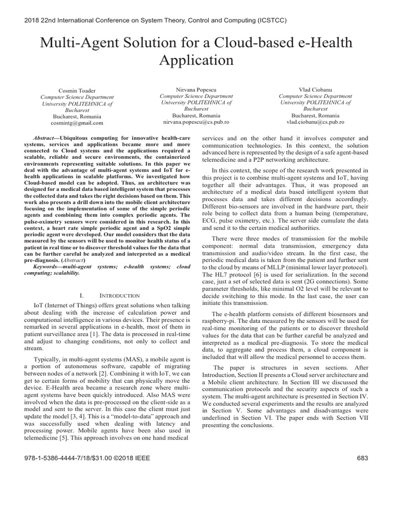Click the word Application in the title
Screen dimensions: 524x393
196,60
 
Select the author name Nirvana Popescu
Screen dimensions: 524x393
196,89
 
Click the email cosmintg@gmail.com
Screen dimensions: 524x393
77,123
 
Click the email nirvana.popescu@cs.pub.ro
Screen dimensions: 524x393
196,122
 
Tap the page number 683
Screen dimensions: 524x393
362,458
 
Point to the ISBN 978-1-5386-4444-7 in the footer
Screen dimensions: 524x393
54,458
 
